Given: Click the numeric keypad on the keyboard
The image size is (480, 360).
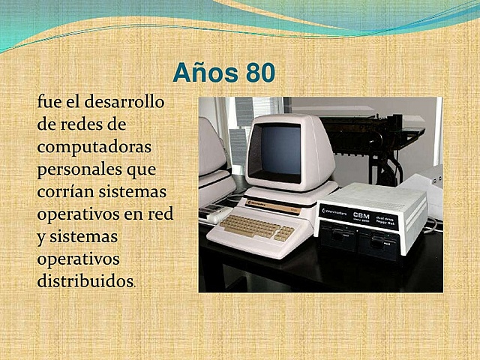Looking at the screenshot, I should [x=283, y=233].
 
